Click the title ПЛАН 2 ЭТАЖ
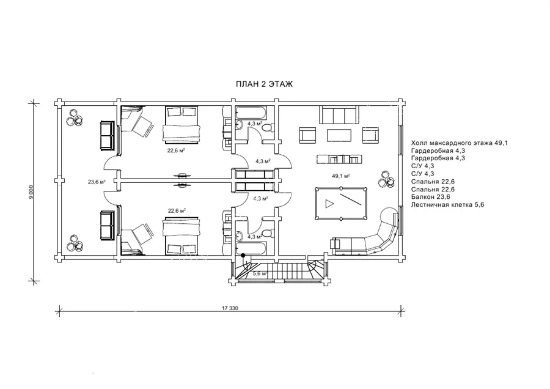pos(264,84)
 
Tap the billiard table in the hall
pos(341,203)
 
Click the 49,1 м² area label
pos(341,176)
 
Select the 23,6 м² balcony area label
pos(97,182)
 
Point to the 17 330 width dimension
pos(230,308)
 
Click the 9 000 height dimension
pos(31,193)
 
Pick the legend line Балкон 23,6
pos(431,197)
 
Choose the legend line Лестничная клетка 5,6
pos(447,205)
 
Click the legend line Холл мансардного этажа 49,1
pos(460,143)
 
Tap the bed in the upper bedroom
pos(182,125)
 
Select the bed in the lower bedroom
pos(182,236)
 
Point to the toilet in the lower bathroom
pos(268,233)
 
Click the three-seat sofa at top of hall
pos(338,114)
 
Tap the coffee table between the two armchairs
pos(339,135)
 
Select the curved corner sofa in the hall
pos(367,234)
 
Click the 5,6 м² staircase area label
pos(260,273)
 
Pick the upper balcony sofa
pos(107,135)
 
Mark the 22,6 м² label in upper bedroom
pos(176,150)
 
